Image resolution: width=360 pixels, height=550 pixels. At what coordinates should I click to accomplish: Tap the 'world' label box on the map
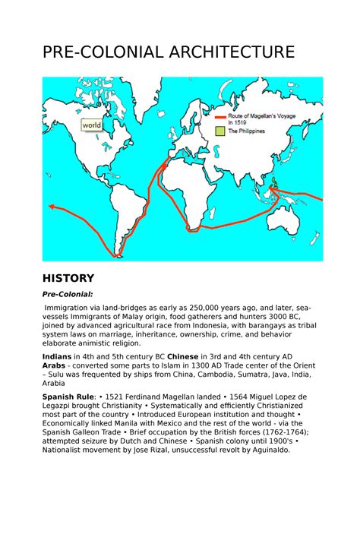point(92,125)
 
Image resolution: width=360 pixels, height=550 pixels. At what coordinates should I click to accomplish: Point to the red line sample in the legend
point(220,117)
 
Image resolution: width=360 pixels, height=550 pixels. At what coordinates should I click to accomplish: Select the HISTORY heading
point(68,278)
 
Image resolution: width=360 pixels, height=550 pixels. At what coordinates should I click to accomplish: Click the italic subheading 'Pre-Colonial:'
point(68,295)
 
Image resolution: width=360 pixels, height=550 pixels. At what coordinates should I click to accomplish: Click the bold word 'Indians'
point(58,356)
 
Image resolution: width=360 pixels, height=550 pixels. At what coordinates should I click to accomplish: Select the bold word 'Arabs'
point(55,365)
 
